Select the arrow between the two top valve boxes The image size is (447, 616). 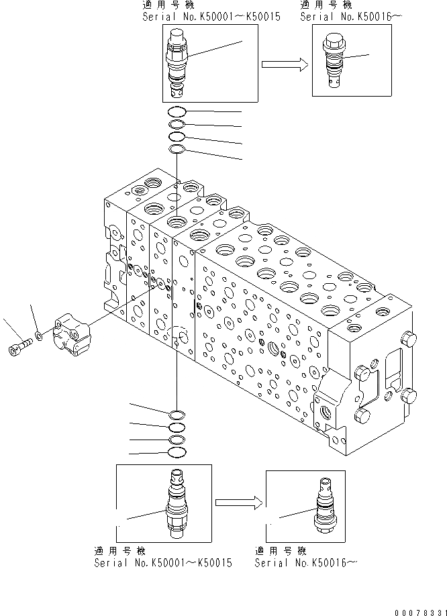click(285, 64)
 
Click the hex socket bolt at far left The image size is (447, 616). click(19, 348)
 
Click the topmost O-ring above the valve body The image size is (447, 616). click(177, 112)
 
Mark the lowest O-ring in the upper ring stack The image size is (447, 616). click(177, 149)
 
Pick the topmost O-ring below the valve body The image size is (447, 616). click(177, 413)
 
